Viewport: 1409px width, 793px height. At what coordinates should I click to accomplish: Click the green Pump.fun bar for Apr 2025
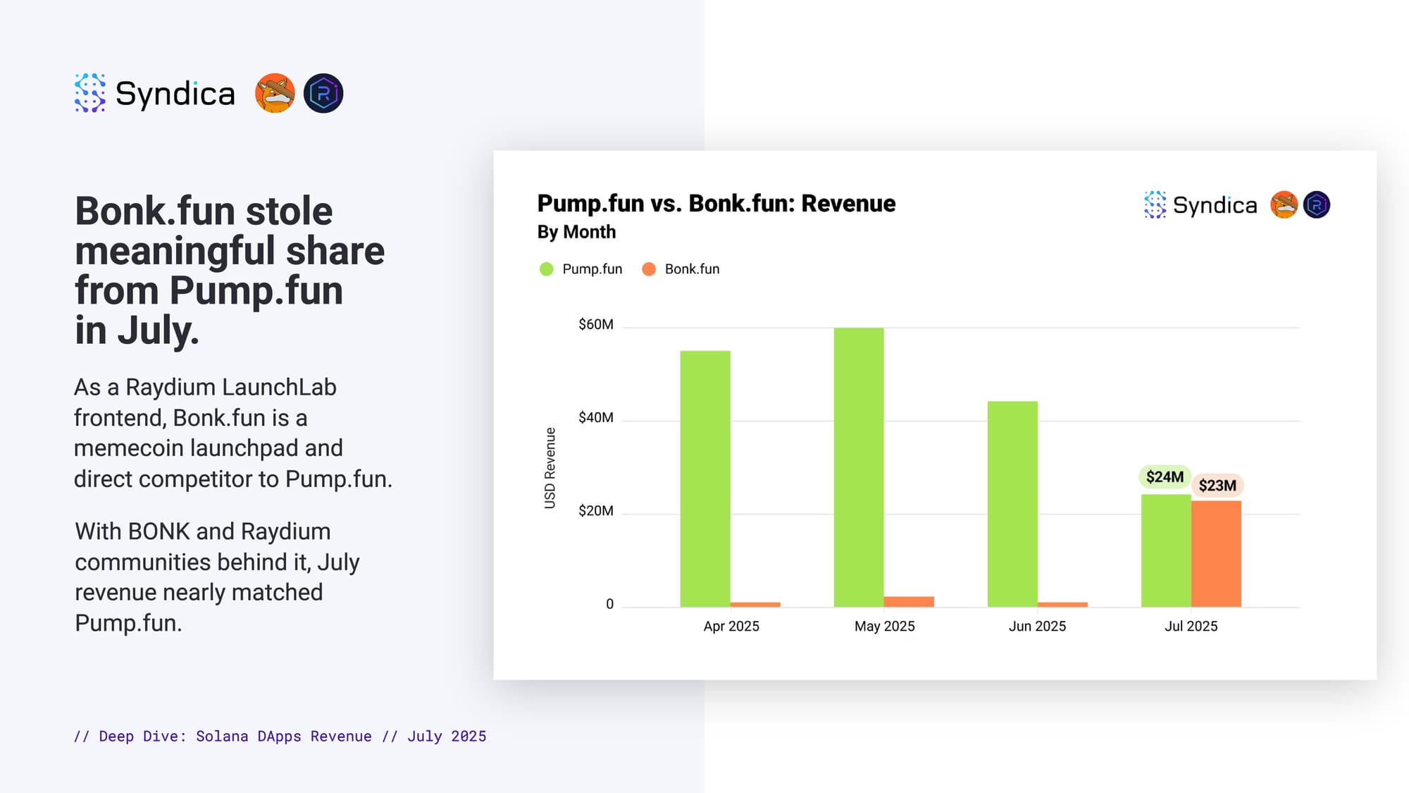click(705, 479)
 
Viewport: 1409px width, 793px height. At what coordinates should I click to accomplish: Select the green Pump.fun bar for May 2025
click(859, 467)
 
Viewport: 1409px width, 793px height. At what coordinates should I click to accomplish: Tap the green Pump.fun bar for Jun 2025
click(1012, 504)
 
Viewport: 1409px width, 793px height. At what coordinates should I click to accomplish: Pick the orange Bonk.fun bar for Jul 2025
click(1216, 554)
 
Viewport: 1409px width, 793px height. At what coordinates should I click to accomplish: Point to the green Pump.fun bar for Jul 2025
click(1166, 551)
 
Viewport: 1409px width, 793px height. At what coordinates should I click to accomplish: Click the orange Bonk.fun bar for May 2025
click(909, 602)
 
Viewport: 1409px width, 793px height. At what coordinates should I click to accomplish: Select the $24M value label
click(1165, 477)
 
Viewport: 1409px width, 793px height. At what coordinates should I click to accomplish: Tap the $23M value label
click(1217, 486)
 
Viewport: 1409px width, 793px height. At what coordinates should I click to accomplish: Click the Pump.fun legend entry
click(581, 269)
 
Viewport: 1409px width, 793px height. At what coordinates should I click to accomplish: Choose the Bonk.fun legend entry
click(681, 269)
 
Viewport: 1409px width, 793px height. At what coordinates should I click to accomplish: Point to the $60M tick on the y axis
click(596, 324)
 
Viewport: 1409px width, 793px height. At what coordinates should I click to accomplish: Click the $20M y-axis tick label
click(596, 510)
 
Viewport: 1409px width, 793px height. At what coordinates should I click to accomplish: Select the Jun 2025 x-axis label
click(1037, 626)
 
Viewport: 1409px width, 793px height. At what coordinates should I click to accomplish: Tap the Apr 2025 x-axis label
click(731, 626)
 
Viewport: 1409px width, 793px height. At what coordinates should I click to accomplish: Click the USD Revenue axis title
click(550, 468)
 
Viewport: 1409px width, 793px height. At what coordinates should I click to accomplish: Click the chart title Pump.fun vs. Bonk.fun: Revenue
click(716, 204)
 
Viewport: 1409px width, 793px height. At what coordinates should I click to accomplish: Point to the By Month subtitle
click(576, 232)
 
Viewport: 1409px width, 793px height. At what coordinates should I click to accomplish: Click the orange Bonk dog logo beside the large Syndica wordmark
click(275, 93)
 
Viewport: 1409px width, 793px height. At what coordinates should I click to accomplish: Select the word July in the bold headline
click(159, 331)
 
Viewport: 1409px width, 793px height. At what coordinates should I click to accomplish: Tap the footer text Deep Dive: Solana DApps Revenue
click(235, 736)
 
